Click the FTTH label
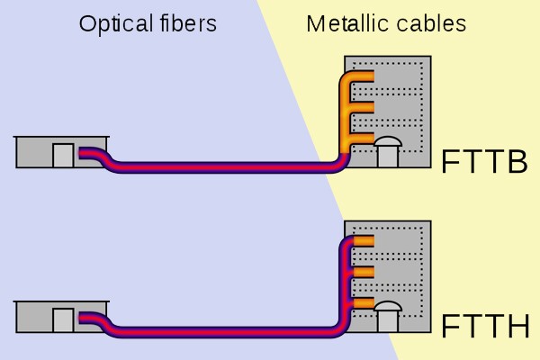[x=484, y=326]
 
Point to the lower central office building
[x=61, y=317]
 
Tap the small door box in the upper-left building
[x=62, y=156]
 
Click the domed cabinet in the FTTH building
[x=387, y=316]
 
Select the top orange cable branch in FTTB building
[x=360, y=76]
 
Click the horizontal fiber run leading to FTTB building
[x=225, y=167]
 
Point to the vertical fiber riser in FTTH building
[x=345, y=288]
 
